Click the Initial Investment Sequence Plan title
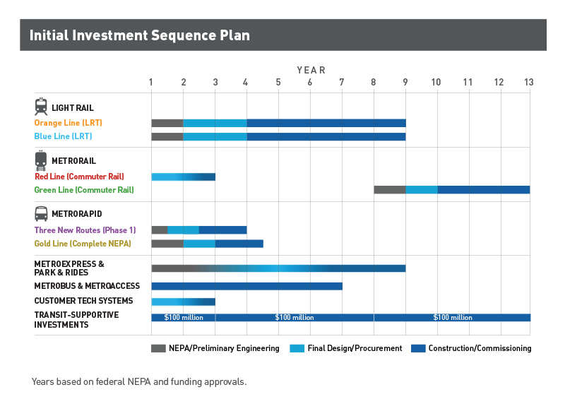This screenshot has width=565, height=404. click(139, 35)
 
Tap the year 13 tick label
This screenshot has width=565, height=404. click(528, 83)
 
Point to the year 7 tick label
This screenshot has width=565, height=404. click(342, 83)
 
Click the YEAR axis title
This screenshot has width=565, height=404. click(311, 70)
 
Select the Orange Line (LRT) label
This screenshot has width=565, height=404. click(68, 123)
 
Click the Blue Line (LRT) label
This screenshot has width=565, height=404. click(63, 136)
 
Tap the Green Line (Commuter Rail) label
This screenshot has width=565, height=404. click(83, 190)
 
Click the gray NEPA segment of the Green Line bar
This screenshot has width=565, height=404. click(389, 190)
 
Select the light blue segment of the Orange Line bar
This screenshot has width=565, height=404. click(215, 123)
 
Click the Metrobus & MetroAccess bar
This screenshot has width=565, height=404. click(246, 286)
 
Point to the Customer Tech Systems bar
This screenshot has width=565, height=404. click(183, 302)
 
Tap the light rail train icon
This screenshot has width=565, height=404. click(41, 107)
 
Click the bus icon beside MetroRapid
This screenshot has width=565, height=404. click(41, 213)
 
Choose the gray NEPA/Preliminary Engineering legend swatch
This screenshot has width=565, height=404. click(159, 348)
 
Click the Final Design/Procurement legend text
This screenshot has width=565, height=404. click(356, 348)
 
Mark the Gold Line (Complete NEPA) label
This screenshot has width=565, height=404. click(82, 244)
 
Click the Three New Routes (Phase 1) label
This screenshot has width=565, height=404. click(85, 230)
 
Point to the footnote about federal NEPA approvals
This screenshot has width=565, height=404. click(139, 382)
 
